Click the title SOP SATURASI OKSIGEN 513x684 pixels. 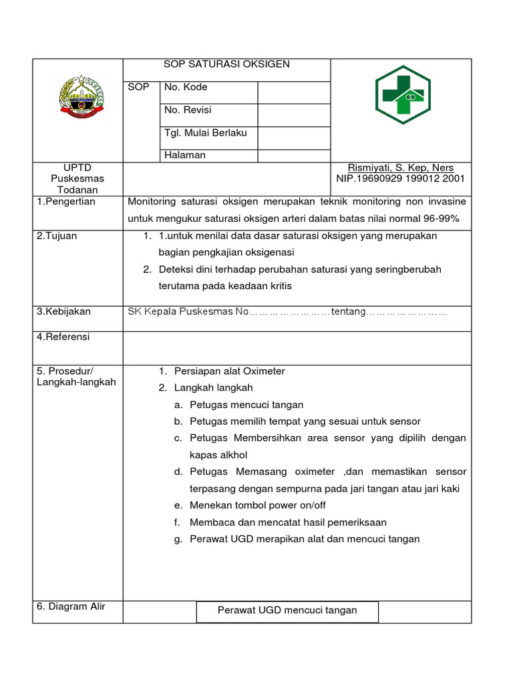(x=226, y=65)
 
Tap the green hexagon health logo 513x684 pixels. (x=402, y=94)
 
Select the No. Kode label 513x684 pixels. (x=186, y=88)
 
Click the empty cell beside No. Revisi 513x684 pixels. (x=293, y=115)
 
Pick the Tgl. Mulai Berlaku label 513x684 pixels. (x=206, y=133)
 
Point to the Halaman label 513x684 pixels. (x=185, y=155)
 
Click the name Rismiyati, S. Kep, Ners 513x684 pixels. (x=401, y=168)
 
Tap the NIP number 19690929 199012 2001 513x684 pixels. (x=401, y=179)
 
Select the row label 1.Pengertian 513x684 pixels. (x=66, y=202)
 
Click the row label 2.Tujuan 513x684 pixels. (x=57, y=236)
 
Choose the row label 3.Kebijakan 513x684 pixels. (x=63, y=311)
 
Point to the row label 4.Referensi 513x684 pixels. (x=63, y=337)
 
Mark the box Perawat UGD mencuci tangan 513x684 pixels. (x=287, y=611)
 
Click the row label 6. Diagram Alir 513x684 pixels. (x=71, y=607)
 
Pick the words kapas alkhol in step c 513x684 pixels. (x=218, y=455)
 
